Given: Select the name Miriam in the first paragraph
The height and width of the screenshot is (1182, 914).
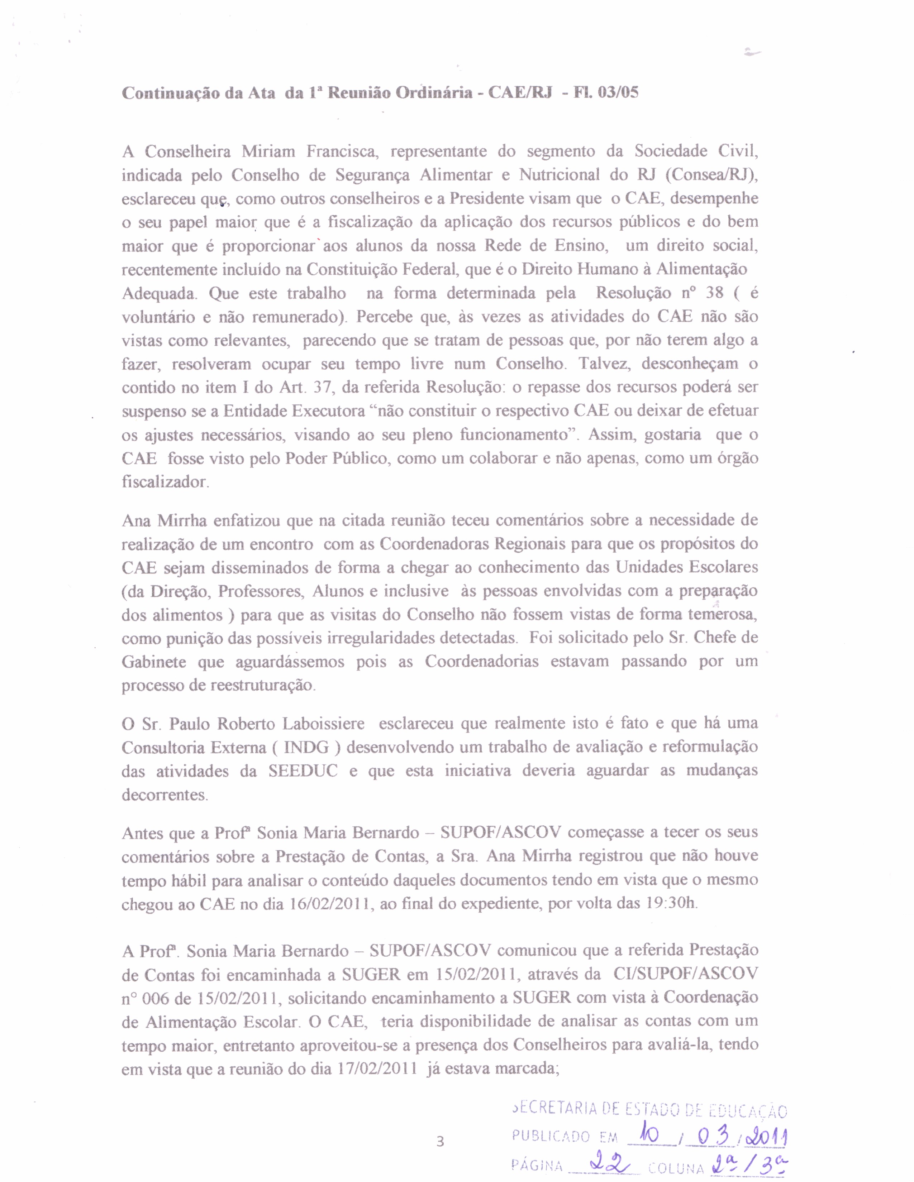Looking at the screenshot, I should (x=268, y=151).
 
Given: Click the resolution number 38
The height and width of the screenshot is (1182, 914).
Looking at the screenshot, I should (x=714, y=293).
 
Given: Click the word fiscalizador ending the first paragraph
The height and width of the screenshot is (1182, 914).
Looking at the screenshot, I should (x=165, y=482).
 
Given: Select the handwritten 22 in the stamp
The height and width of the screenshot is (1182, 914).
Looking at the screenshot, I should (x=605, y=1163).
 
